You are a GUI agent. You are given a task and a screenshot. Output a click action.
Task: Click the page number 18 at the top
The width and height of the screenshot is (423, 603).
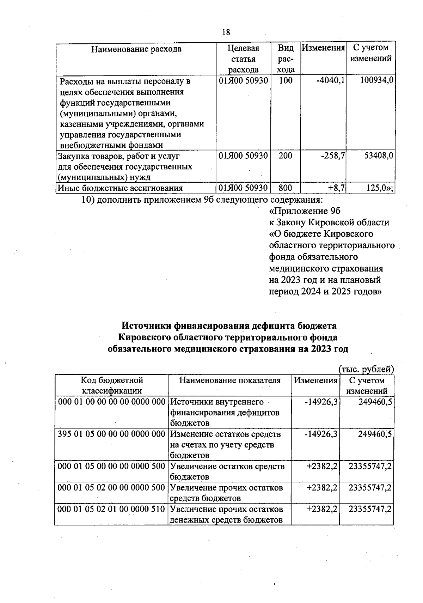pyautogui.click(x=226, y=32)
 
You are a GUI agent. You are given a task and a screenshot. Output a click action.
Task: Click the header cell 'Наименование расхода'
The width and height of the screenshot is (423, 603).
pyautogui.click(x=136, y=49)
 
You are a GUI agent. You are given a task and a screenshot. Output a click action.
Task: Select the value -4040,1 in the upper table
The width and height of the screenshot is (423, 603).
pyautogui.click(x=330, y=81)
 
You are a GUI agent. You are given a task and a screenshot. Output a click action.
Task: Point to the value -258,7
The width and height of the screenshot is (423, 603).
pyautogui.click(x=332, y=156)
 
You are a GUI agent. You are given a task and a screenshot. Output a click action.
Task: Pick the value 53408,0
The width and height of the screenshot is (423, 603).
pyautogui.click(x=379, y=156)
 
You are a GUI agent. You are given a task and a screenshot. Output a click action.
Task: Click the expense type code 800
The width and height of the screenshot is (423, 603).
pyautogui.click(x=285, y=188)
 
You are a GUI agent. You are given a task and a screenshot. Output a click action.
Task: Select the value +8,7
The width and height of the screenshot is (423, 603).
pyautogui.click(x=337, y=188)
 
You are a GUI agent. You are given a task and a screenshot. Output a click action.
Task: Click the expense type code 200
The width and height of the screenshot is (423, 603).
pyautogui.click(x=285, y=156)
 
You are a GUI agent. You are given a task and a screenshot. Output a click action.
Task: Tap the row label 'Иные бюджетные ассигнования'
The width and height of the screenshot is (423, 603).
pyautogui.click(x=120, y=188)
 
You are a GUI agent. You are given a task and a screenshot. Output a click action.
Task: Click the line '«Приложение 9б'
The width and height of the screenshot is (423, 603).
pyautogui.click(x=305, y=211)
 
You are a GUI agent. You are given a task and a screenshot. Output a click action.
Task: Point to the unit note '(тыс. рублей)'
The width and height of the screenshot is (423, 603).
pyautogui.click(x=366, y=369)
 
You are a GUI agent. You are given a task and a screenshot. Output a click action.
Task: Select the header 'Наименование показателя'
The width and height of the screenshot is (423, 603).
pyautogui.click(x=230, y=380)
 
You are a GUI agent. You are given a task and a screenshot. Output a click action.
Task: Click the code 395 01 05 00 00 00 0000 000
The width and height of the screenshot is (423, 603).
pyautogui.click(x=111, y=434)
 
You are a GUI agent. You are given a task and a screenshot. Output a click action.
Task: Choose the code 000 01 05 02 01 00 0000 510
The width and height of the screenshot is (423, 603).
pyautogui.click(x=111, y=509)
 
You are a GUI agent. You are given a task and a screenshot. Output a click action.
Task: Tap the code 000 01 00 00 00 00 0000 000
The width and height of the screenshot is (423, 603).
pyautogui.click(x=111, y=402)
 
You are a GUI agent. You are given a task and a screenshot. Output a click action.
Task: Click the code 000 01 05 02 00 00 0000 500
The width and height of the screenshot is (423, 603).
pyautogui.click(x=111, y=488)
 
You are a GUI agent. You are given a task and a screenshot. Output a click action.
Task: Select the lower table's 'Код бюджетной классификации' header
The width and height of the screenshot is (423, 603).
pyautogui.click(x=112, y=385)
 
